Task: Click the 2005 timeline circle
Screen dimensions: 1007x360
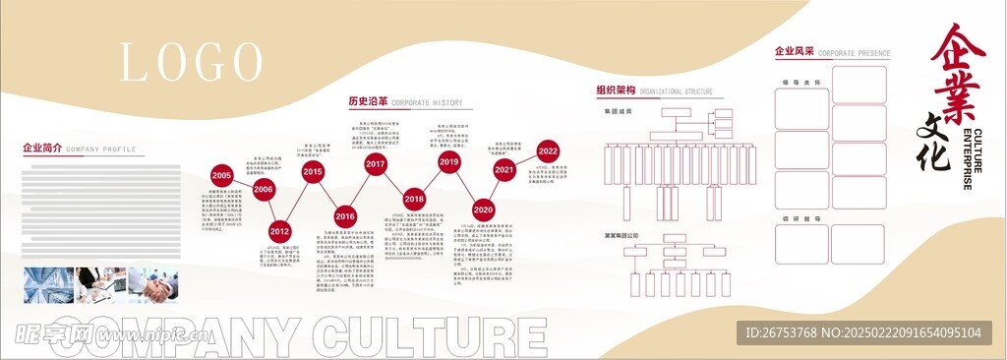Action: coord(221,174)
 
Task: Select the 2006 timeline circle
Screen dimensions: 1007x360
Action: coord(263,189)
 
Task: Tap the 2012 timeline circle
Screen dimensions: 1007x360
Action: coord(279,232)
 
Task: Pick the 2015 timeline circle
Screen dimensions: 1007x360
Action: coord(312,172)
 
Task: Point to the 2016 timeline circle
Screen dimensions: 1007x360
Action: coord(344,215)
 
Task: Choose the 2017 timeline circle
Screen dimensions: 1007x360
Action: coord(375,165)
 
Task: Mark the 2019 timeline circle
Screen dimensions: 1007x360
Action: coord(449,161)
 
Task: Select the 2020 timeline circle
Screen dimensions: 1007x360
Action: coord(483,210)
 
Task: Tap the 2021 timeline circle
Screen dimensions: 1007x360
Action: coord(504,170)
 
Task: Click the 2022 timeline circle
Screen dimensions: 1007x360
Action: coord(548,151)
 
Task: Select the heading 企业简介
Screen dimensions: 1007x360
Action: coord(42,149)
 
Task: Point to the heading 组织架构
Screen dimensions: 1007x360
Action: coord(616,91)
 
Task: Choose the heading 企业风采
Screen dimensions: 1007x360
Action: coord(794,51)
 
